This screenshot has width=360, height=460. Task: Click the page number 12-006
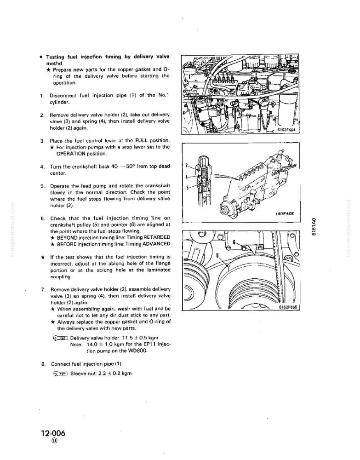pyautogui.click(x=53, y=433)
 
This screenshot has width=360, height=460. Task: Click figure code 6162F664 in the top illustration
pyautogui.click(x=286, y=130)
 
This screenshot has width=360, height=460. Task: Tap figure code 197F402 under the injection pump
pyautogui.click(x=285, y=213)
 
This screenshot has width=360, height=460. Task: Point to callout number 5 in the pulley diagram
pyautogui.click(x=217, y=255)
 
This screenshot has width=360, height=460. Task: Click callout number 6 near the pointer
pyautogui.click(x=234, y=242)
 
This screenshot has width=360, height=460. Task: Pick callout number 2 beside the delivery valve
pyautogui.click(x=187, y=165)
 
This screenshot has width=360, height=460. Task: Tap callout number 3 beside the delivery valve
pyautogui.click(x=188, y=188)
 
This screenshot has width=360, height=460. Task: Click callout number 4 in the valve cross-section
pyautogui.click(x=187, y=177)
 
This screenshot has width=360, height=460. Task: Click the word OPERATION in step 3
pyautogui.click(x=71, y=154)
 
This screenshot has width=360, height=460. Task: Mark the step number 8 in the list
pyautogui.click(x=43, y=364)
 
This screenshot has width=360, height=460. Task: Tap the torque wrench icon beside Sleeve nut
pyautogui.click(x=61, y=374)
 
